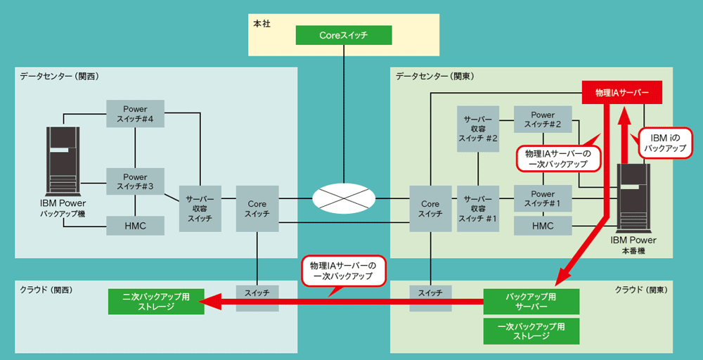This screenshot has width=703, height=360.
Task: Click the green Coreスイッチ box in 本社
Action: (343, 34)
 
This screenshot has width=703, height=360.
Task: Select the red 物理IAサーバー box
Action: (621, 92)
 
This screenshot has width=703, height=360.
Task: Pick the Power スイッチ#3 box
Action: (135, 181)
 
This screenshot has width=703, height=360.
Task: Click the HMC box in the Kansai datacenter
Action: (135, 226)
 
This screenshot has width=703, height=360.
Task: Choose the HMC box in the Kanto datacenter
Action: (543, 226)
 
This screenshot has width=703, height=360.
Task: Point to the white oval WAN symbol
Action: (344, 198)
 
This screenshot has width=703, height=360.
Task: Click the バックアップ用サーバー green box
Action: (531, 301)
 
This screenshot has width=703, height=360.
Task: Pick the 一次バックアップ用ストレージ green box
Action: (531, 330)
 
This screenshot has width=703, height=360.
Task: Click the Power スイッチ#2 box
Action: (543, 120)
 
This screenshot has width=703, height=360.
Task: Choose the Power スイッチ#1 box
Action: (543, 198)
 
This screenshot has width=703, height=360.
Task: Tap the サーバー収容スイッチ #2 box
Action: (478, 128)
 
